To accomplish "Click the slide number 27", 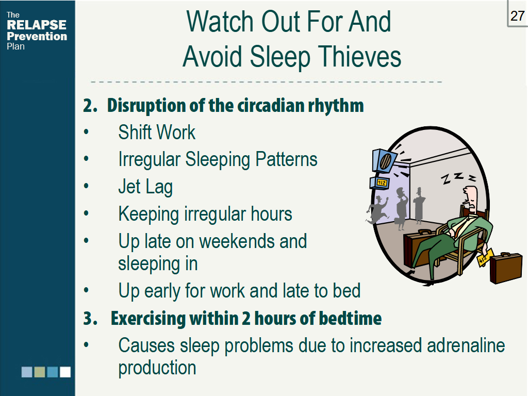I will (517, 16).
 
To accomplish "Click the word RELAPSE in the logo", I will (37, 25).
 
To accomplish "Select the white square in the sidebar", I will (65, 372).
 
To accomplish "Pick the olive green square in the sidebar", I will (40, 372).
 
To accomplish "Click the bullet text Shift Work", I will (157, 133).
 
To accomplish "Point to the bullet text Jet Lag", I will (145, 186).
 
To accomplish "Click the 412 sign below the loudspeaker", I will (380, 183).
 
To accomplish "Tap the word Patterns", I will (287, 159).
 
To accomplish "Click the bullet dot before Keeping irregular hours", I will (87, 213).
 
